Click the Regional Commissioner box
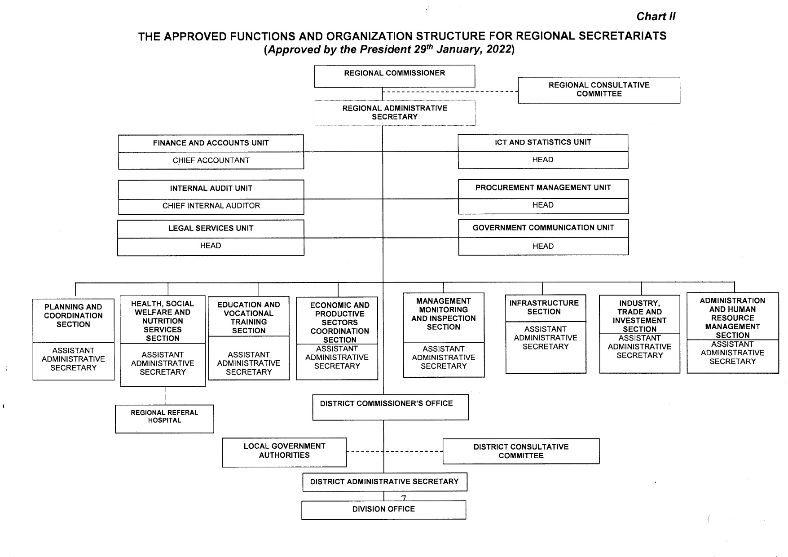(394, 76)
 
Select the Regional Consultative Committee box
(599, 90)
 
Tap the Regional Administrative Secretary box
(395, 113)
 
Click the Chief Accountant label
(211, 160)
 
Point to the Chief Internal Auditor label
(211, 206)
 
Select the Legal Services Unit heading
(211, 228)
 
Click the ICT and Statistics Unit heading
(542, 142)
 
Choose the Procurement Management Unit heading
(542, 188)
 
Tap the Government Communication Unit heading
(543, 228)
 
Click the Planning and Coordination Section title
(73, 315)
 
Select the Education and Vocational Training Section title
(248, 318)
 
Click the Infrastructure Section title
(544, 307)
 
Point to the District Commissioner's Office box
(390, 407)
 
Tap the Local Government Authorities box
(284, 451)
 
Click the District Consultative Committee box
(521, 451)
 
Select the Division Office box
(383, 509)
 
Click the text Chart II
(655, 17)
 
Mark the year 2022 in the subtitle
(499, 49)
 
